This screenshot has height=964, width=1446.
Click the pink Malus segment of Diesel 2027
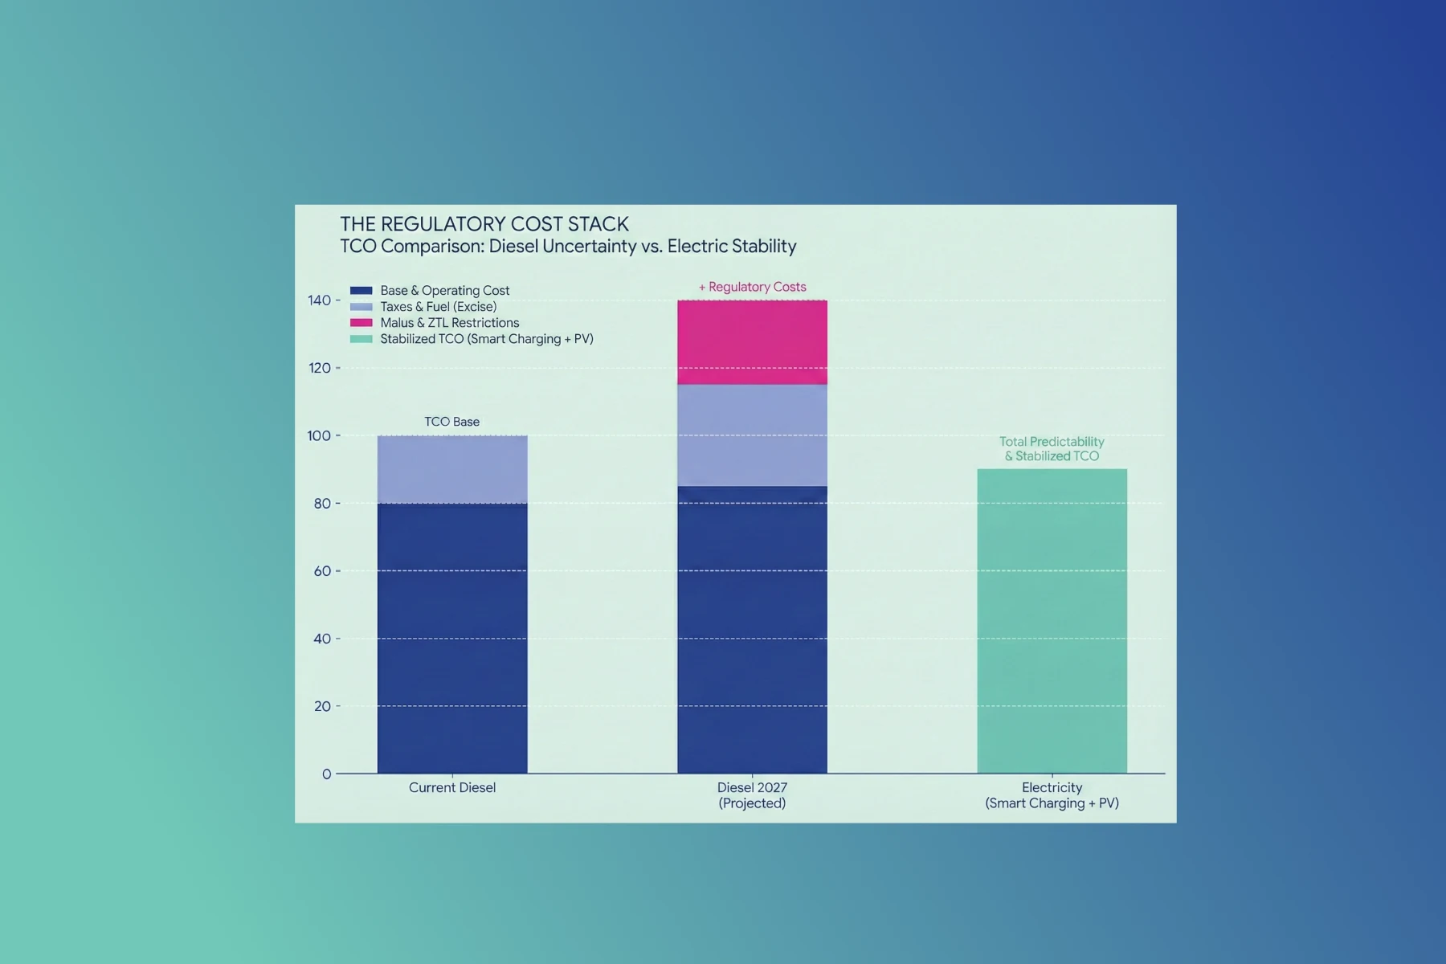coord(752,342)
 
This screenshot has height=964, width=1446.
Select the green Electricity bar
coord(1052,621)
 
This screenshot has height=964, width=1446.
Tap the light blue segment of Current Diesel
coord(452,470)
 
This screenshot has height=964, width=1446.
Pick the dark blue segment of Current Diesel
coord(452,639)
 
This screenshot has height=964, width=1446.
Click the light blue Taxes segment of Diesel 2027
coord(752,435)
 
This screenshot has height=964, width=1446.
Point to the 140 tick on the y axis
coord(319,300)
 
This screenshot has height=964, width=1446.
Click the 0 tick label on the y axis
coord(326,774)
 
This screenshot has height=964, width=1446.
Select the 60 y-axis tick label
coord(322,571)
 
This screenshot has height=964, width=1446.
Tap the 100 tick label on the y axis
coord(319,436)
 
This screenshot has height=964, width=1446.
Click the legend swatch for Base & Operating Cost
coord(361,291)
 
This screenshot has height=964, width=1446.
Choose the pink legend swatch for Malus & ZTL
coord(361,323)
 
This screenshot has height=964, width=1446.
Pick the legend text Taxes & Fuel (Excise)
coord(438,307)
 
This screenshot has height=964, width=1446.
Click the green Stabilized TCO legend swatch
coord(361,339)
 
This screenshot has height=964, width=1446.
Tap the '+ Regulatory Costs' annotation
coord(752,287)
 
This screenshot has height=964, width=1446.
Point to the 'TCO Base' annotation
coord(451,422)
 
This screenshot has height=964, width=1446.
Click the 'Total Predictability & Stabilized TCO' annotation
coord(1052,449)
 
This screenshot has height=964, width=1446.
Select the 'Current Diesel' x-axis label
coord(451,788)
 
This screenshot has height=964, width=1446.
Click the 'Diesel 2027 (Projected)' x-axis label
coord(752,795)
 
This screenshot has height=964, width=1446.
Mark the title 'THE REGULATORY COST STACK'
coord(484,224)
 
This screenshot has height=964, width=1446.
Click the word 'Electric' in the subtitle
coord(696,247)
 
